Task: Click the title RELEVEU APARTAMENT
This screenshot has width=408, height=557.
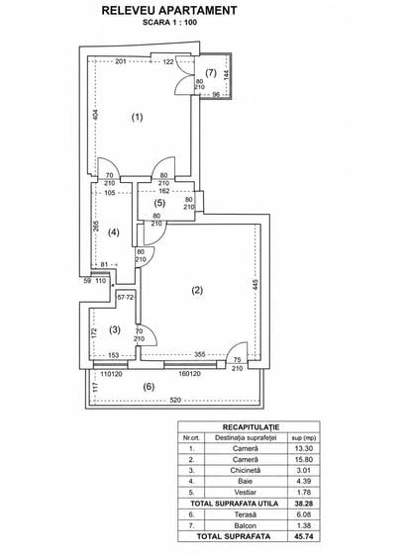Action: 169,10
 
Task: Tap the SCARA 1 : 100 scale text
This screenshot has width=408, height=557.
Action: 169,23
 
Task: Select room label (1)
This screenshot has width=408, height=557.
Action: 138,117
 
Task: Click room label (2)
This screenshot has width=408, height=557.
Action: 197,290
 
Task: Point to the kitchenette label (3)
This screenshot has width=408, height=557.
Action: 115,330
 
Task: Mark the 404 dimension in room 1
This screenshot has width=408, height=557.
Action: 95,115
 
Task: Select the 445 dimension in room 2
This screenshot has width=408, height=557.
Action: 255,285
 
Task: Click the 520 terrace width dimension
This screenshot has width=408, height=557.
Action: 175,400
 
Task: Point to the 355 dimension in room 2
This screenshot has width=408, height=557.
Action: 200,354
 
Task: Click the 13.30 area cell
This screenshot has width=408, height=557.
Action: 304,448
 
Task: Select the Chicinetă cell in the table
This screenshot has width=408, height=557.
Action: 246,470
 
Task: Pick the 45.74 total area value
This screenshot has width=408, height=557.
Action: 304,536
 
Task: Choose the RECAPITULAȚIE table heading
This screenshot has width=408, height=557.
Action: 251,427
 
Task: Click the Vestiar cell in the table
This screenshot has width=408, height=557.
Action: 246,493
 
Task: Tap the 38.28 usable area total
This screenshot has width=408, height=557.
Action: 304,504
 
